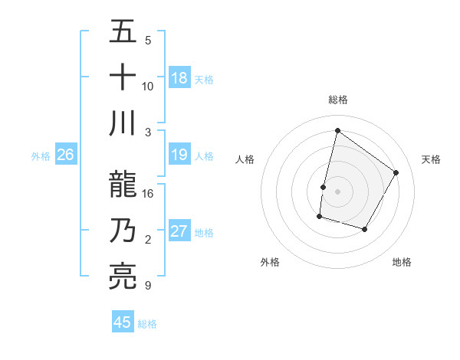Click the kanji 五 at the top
click(x=123, y=32)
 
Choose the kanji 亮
click(x=123, y=277)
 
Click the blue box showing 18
click(x=179, y=78)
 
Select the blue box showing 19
click(x=179, y=155)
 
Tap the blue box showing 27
click(x=179, y=232)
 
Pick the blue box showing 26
click(x=66, y=155)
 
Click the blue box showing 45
click(x=123, y=322)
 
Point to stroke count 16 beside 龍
click(x=148, y=193)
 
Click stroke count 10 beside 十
click(x=148, y=86)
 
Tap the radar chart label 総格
click(x=337, y=100)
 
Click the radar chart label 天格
click(x=431, y=159)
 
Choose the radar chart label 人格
click(x=245, y=159)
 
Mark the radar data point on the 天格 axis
click(x=396, y=172)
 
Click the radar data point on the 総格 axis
click(x=337, y=131)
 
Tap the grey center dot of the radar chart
click(x=337, y=191)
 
